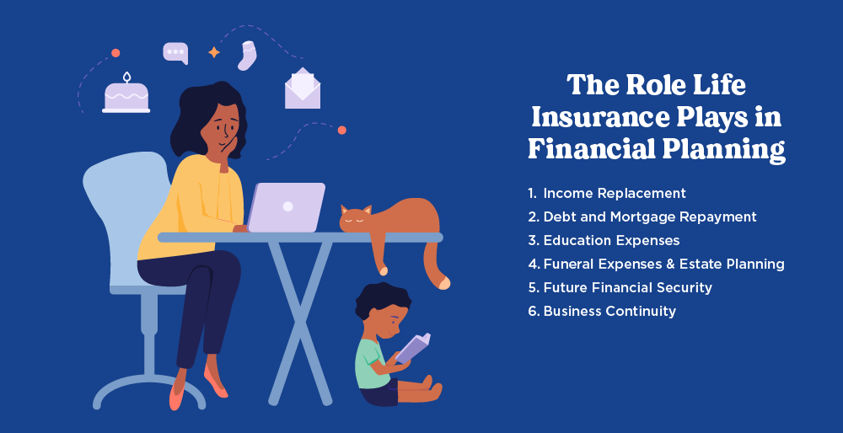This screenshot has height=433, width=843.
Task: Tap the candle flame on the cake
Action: (x=127, y=77)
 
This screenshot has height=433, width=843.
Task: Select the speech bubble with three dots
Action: (x=175, y=53)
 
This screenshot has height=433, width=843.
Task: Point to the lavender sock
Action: (x=247, y=56)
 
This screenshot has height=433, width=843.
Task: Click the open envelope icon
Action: (x=303, y=88)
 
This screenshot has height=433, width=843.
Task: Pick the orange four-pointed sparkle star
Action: (x=214, y=52)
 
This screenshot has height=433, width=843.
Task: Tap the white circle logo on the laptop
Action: (x=288, y=206)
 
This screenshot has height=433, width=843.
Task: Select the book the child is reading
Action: (x=413, y=347)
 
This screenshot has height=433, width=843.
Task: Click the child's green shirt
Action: (x=371, y=362)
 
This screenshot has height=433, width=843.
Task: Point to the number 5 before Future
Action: (x=532, y=287)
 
